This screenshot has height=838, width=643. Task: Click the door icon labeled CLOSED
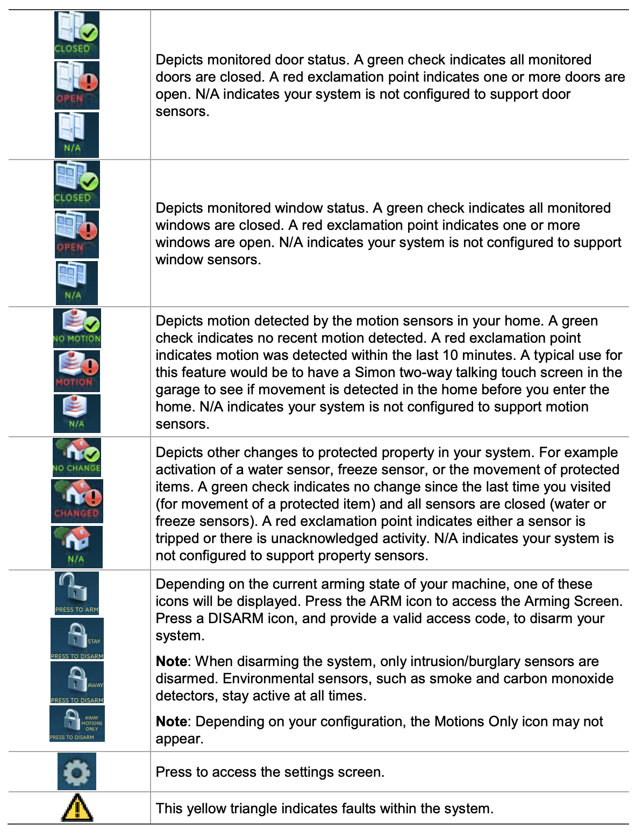point(76,35)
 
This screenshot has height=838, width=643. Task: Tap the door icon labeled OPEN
point(76,85)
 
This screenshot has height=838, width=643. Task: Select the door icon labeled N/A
point(76,134)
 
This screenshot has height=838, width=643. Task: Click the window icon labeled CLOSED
point(76,184)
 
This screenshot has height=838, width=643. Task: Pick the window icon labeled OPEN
point(76,234)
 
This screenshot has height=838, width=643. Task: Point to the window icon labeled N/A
point(76,283)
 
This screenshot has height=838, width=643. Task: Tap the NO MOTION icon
point(76,328)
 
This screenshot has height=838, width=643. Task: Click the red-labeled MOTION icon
point(76,371)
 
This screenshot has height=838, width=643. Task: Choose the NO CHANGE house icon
point(76,457)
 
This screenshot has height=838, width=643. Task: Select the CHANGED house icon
point(76,501)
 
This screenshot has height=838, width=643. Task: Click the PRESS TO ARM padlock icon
point(76,593)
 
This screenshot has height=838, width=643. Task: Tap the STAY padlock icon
point(77,639)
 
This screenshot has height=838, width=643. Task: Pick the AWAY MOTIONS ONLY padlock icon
point(77,724)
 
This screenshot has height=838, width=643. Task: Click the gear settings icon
point(77,771)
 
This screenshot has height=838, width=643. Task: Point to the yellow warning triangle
point(77,808)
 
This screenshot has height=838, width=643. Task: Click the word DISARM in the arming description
point(235,618)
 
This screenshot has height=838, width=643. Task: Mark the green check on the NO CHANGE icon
point(92,454)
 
